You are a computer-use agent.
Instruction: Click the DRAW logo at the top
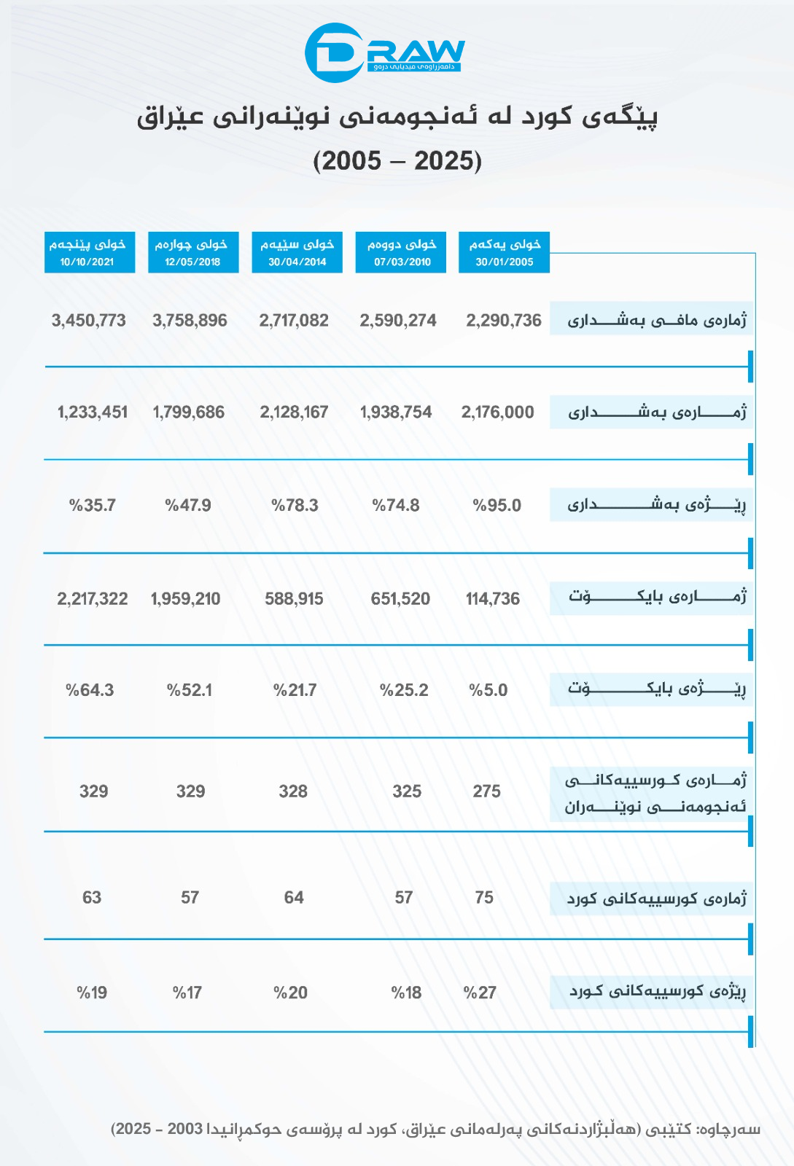(384, 52)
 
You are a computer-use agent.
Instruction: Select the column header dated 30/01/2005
(504, 252)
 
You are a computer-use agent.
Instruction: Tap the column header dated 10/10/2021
(90, 252)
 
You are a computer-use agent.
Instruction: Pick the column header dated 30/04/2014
(297, 252)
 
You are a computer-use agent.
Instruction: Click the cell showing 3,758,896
(190, 321)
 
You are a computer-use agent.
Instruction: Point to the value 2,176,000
(497, 412)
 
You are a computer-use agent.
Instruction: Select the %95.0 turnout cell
(497, 506)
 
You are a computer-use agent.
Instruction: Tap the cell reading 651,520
(400, 599)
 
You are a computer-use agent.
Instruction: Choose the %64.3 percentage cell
(90, 690)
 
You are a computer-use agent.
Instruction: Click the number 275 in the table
(486, 791)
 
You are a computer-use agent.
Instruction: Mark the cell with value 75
(484, 898)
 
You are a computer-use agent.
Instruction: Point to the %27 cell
(480, 993)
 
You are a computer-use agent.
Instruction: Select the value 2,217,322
(93, 599)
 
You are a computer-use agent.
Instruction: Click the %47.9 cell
(188, 506)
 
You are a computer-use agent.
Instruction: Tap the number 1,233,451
(93, 412)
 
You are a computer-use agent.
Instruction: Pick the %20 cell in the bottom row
(290, 993)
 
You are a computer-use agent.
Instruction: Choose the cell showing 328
(293, 791)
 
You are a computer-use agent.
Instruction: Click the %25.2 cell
(404, 690)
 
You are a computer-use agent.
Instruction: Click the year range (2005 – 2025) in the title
(397, 160)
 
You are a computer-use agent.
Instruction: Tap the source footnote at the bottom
(435, 1129)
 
